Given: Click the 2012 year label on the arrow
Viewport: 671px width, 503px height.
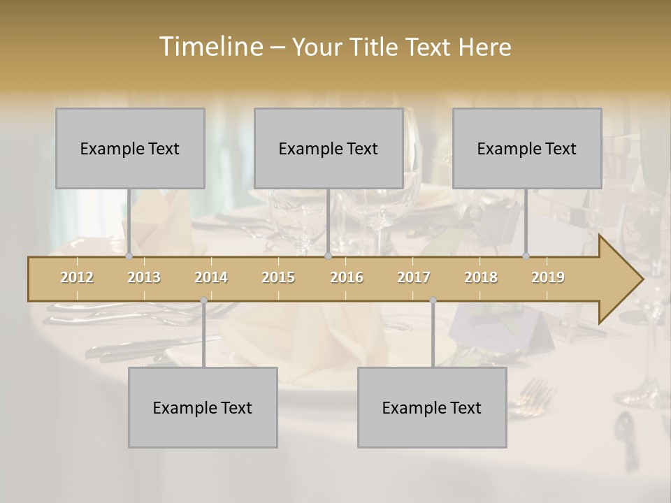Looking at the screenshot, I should (77, 277).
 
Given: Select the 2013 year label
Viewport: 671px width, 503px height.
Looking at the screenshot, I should (144, 277).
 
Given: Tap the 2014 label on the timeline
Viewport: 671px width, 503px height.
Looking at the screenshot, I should (211, 277).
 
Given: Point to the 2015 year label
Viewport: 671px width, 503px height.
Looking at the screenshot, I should (278, 277).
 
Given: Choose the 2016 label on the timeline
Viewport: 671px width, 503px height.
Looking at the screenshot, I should (347, 277).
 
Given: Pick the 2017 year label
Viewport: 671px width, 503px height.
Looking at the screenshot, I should (414, 277).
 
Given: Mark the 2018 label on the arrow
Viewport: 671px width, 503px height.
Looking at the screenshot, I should (481, 277).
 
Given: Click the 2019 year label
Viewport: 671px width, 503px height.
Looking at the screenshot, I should (548, 277).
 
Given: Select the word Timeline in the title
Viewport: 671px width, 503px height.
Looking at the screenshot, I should (210, 47).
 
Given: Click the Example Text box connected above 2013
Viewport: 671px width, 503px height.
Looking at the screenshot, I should (130, 148).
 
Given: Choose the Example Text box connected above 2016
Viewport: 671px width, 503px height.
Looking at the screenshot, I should (329, 148).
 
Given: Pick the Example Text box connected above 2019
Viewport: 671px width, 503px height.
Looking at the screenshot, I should (527, 148).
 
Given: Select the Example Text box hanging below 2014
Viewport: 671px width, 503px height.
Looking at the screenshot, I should (203, 407).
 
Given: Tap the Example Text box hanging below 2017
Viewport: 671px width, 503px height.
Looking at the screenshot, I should (432, 407).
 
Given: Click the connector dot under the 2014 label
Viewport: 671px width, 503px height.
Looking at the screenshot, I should (203, 300).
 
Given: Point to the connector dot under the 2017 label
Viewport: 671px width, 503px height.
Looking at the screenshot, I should (433, 300).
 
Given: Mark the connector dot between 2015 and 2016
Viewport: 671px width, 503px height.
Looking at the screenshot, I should (328, 256).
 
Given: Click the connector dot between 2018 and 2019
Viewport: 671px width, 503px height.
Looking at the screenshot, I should (526, 256).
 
